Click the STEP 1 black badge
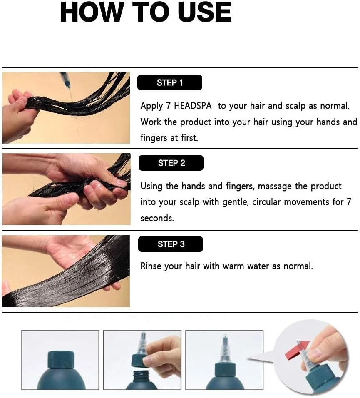pyautogui.click(x=170, y=82)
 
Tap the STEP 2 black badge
pyautogui.click(x=171, y=163)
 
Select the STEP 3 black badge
pyautogui.click(x=171, y=244)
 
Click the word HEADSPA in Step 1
pyautogui.click(x=193, y=106)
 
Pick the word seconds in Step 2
pyautogui.click(x=157, y=218)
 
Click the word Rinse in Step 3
pyautogui.click(x=151, y=266)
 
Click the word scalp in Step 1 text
pyautogui.click(x=295, y=106)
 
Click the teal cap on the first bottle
pyautogui.click(x=61, y=359)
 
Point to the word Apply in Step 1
pyautogui.click(x=151, y=106)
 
